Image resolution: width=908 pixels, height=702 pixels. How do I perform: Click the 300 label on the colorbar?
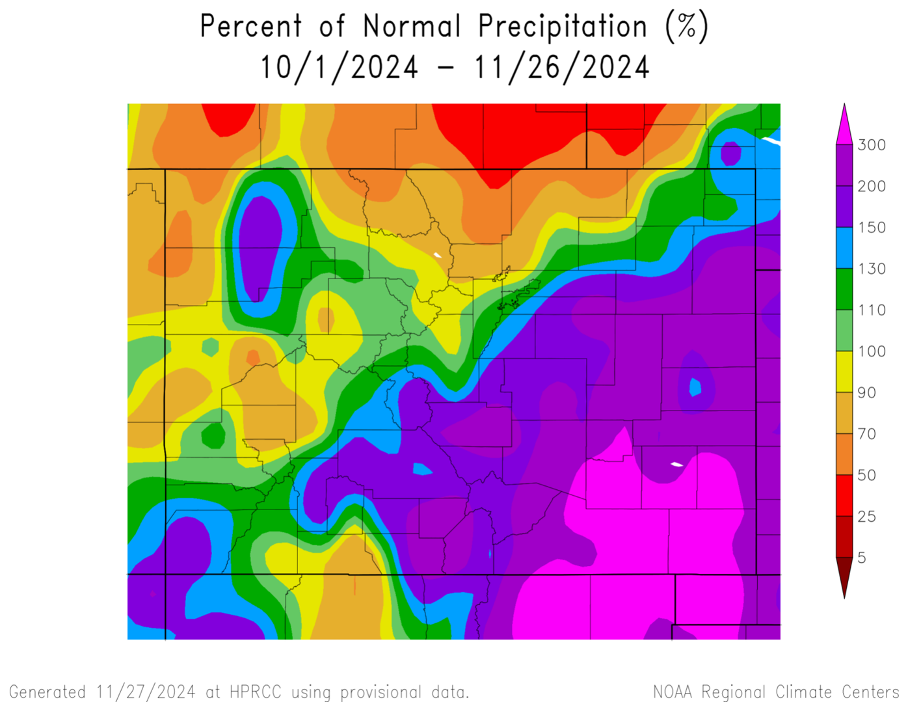[872, 145]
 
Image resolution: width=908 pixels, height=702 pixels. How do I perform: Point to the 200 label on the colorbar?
[872, 187]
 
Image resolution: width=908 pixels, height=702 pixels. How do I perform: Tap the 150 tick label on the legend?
[872, 228]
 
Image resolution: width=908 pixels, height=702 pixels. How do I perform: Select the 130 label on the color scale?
[872, 269]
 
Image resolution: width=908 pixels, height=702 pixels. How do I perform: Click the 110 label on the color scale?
[872, 310]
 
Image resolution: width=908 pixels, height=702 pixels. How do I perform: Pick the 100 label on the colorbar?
[872, 352]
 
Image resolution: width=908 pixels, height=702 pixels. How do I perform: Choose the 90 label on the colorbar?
[866, 393]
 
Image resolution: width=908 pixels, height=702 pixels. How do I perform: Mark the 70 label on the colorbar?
[866, 434]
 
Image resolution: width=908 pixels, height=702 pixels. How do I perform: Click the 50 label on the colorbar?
[866, 476]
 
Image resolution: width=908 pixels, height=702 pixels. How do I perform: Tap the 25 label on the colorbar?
[866, 517]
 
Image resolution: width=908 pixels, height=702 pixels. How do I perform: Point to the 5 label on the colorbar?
[862, 558]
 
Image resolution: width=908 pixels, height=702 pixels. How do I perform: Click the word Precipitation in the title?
[563, 27]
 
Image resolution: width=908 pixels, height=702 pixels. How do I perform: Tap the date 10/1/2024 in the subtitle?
[339, 68]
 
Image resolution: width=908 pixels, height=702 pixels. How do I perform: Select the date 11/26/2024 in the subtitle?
[562, 68]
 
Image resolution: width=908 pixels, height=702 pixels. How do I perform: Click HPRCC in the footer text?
[255, 692]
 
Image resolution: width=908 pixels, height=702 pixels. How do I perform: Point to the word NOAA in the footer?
[673, 692]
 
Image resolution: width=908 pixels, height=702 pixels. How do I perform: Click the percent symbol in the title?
[687, 27]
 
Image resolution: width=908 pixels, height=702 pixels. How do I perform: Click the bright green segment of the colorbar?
[844, 331]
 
